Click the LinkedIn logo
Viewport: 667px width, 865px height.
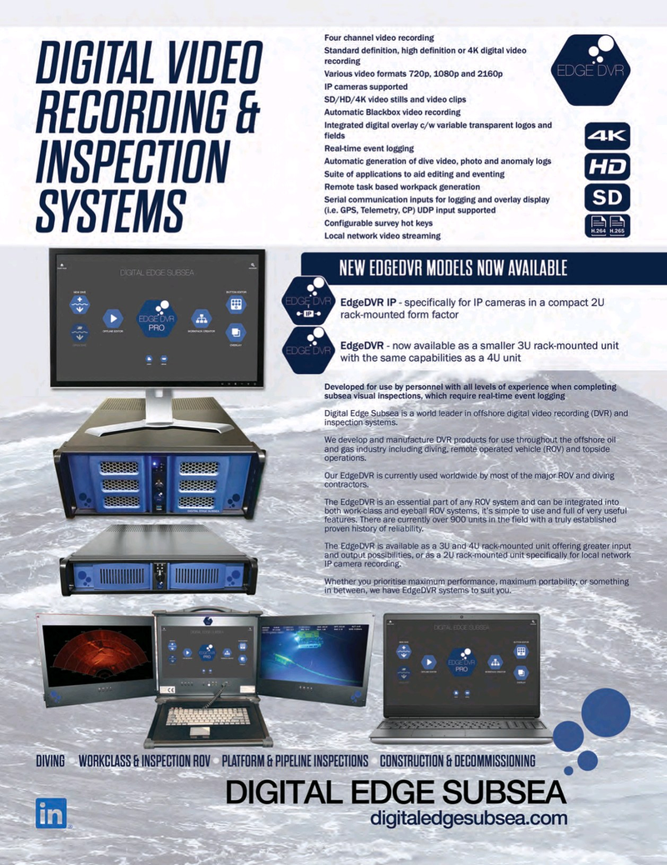[50, 813]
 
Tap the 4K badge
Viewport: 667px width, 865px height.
[607, 137]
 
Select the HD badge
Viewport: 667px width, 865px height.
[607, 167]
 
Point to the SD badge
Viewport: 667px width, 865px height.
[607, 197]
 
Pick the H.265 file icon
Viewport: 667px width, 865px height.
[619, 226]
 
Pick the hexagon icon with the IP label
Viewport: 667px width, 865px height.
[309, 306]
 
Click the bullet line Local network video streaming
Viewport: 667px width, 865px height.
[383, 236]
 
